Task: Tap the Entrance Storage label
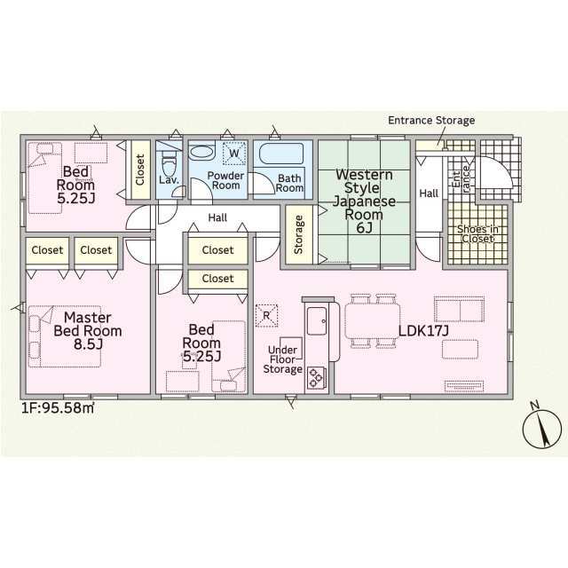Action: (x=431, y=121)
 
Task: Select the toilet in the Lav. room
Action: (x=169, y=162)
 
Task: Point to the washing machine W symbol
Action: (x=234, y=154)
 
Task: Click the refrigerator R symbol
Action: (x=266, y=316)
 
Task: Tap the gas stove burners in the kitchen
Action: (x=316, y=377)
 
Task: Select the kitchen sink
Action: (x=317, y=321)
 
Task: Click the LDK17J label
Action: (x=423, y=331)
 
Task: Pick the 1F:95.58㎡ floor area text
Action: (x=58, y=408)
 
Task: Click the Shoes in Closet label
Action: (x=477, y=234)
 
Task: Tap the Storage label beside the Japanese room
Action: (x=299, y=234)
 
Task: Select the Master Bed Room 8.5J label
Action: (x=88, y=331)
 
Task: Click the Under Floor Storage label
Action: (x=282, y=359)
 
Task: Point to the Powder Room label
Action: (x=225, y=180)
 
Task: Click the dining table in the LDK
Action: (x=373, y=321)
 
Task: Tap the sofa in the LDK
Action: (x=460, y=310)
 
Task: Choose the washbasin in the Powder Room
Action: (x=201, y=153)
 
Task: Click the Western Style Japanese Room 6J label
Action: (x=364, y=201)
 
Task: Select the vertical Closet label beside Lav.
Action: (x=140, y=170)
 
